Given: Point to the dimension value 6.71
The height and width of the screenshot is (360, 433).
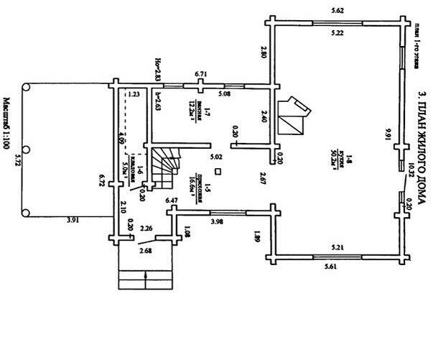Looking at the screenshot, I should (x=201, y=74).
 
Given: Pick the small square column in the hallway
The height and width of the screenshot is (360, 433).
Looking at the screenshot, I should (x=218, y=172).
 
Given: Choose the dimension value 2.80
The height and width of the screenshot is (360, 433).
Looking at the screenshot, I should (x=264, y=52).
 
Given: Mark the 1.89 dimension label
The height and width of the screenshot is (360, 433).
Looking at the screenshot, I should (x=257, y=235).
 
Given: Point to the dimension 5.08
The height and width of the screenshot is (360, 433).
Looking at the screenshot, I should (x=225, y=94).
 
